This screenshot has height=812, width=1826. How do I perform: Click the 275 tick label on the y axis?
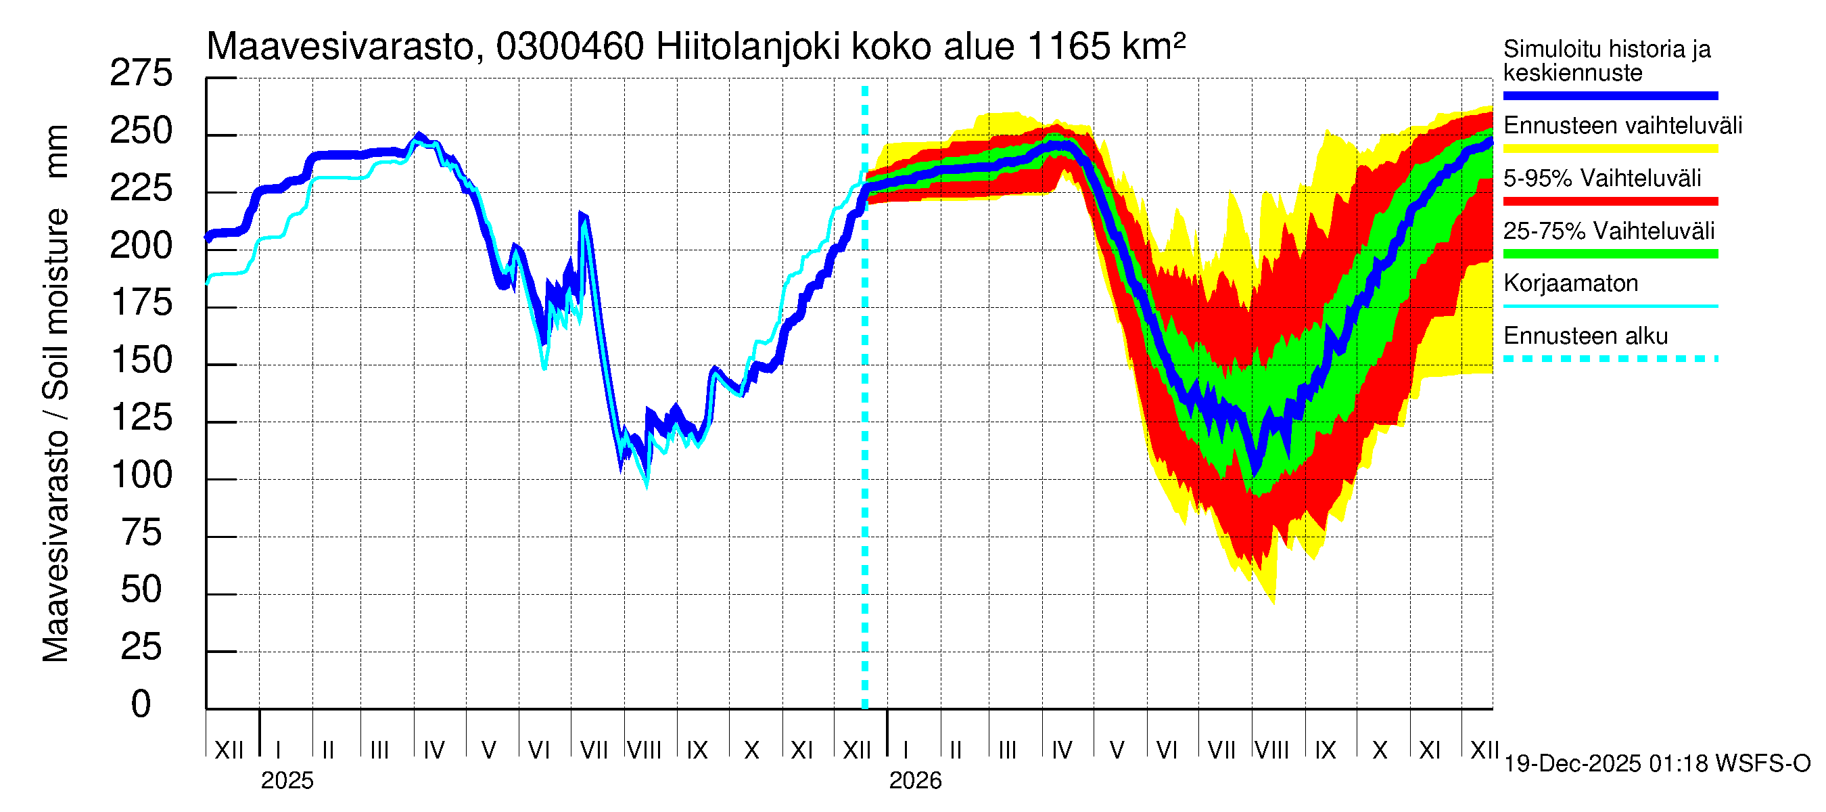(141, 74)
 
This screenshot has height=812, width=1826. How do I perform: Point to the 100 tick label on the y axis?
(142, 475)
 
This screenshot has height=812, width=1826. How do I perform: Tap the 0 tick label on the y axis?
(141, 704)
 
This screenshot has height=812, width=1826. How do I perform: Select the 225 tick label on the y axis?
(141, 189)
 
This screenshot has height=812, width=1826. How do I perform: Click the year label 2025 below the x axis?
(286, 781)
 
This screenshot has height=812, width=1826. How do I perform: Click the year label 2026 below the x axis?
(914, 781)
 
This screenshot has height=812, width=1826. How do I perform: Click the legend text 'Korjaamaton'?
(1570, 284)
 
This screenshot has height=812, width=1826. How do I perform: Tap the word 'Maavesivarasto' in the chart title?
(340, 47)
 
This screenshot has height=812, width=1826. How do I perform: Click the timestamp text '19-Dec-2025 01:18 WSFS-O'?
(1656, 764)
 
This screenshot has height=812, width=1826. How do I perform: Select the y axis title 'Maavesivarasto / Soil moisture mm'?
(55, 394)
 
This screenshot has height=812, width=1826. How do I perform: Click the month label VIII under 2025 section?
(644, 750)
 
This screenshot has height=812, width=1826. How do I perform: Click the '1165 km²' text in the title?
(1105, 46)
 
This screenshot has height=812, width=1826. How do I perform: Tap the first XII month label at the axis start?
(229, 750)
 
